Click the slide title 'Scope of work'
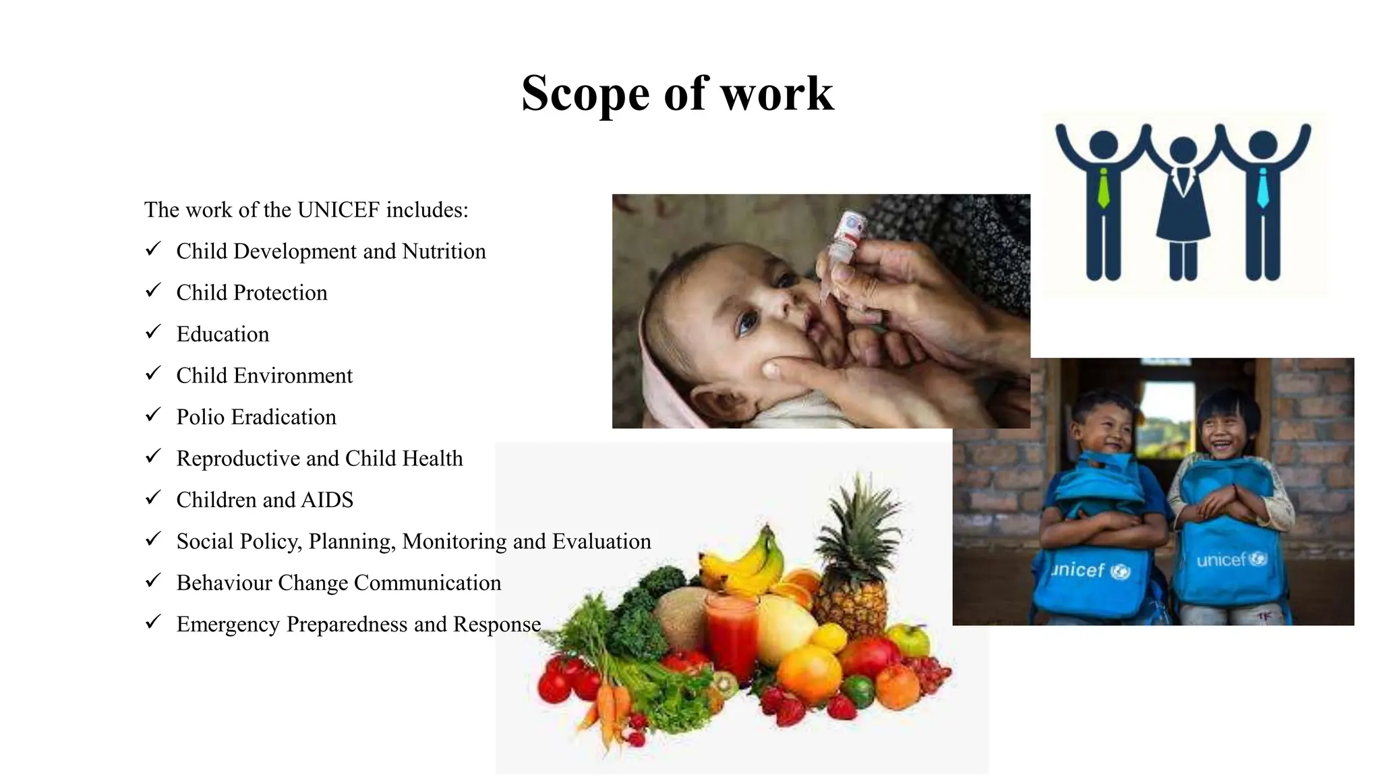point(677,93)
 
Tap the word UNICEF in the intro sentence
point(339,210)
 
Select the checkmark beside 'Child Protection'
point(153,291)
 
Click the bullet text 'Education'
point(223,334)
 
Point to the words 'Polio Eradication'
point(256,417)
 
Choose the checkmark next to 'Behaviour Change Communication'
point(153,581)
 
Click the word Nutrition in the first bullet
point(444,251)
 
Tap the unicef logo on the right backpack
point(1231,560)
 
